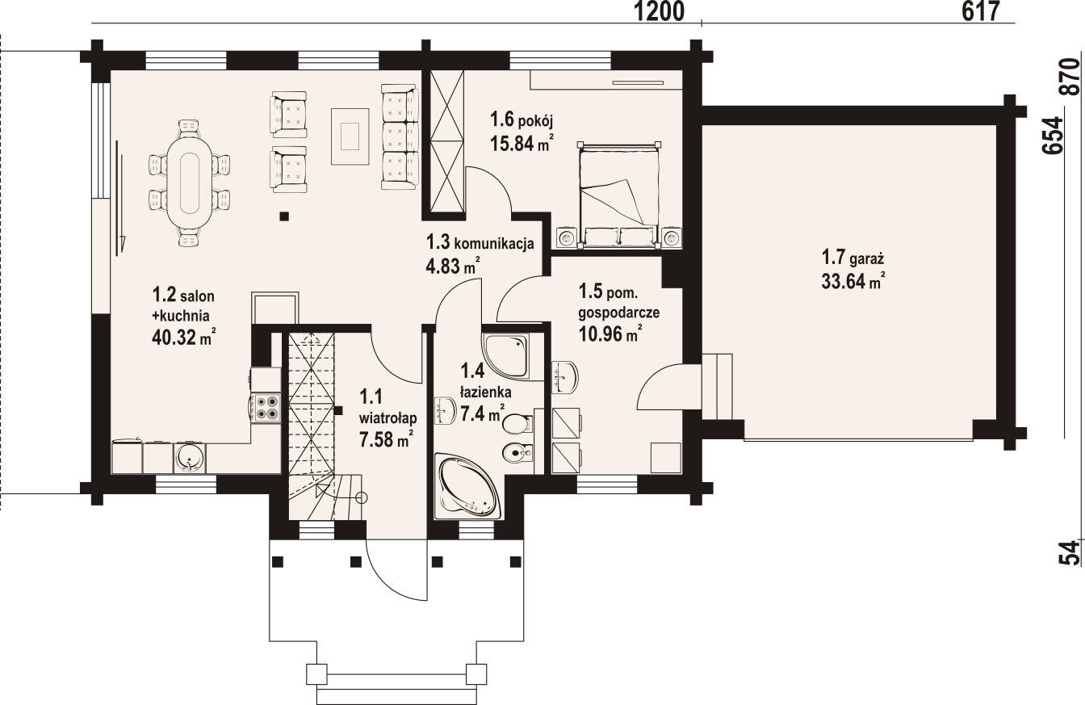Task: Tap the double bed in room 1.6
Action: pyautogui.click(x=619, y=190)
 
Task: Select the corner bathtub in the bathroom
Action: pyautogui.click(x=469, y=487)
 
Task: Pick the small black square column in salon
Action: pyautogui.click(x=283, y=216)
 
